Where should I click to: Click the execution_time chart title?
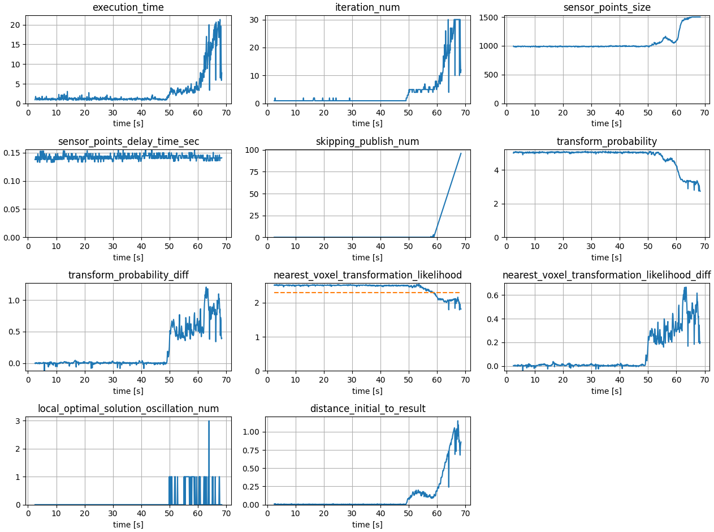(x=128, y=7)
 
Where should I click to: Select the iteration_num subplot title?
(x=367, y=7)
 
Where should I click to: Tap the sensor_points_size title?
(x=607, y=7)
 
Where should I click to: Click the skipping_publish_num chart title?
(x=367, y=141)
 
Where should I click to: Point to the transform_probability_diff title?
(x=128, y=275)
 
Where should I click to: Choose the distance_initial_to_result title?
(x=367, y=409)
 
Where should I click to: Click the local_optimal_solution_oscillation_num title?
(x=128, y=409)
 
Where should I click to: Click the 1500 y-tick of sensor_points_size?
(x=490, y=18)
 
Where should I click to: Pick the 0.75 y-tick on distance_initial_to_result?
(x=250, y=450)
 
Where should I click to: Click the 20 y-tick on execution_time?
(x=16, y=25)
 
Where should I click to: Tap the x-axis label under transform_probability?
(x=607, y=257)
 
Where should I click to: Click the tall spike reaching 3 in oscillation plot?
(x=209, y=422)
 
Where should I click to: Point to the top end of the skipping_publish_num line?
(x=461, y=153)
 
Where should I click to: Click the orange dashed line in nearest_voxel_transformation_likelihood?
(x=367, y=293)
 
